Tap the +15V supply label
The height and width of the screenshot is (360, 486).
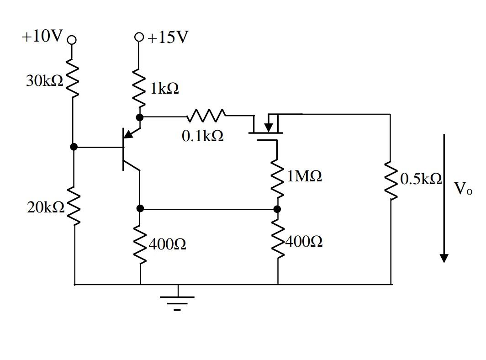click(168, 37)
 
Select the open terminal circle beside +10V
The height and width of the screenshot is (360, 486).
click(71, 39)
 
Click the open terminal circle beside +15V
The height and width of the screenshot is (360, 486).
click(140, 37)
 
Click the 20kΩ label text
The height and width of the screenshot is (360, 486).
click(45, 207)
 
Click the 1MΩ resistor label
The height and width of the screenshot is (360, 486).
click(304, 176)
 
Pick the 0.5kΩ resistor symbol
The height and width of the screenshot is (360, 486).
click(391, 180)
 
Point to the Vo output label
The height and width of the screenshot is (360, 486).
click(463, 189)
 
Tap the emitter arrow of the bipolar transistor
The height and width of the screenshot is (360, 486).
click(130, 133)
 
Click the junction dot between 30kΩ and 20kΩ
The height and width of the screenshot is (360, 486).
click(74, 147)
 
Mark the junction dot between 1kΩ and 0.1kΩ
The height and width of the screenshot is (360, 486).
click(140, 118)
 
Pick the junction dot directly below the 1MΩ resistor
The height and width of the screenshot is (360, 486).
click(277, 209)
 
